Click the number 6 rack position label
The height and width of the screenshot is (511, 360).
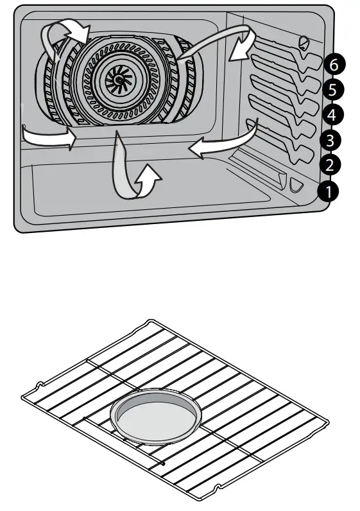click(331, 64)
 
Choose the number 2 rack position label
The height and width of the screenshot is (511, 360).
click(329, 165)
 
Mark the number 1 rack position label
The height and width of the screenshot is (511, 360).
click(328, 191)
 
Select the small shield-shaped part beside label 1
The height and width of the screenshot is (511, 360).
click(296, 185)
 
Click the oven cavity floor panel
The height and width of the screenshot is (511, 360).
click(148, 189)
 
